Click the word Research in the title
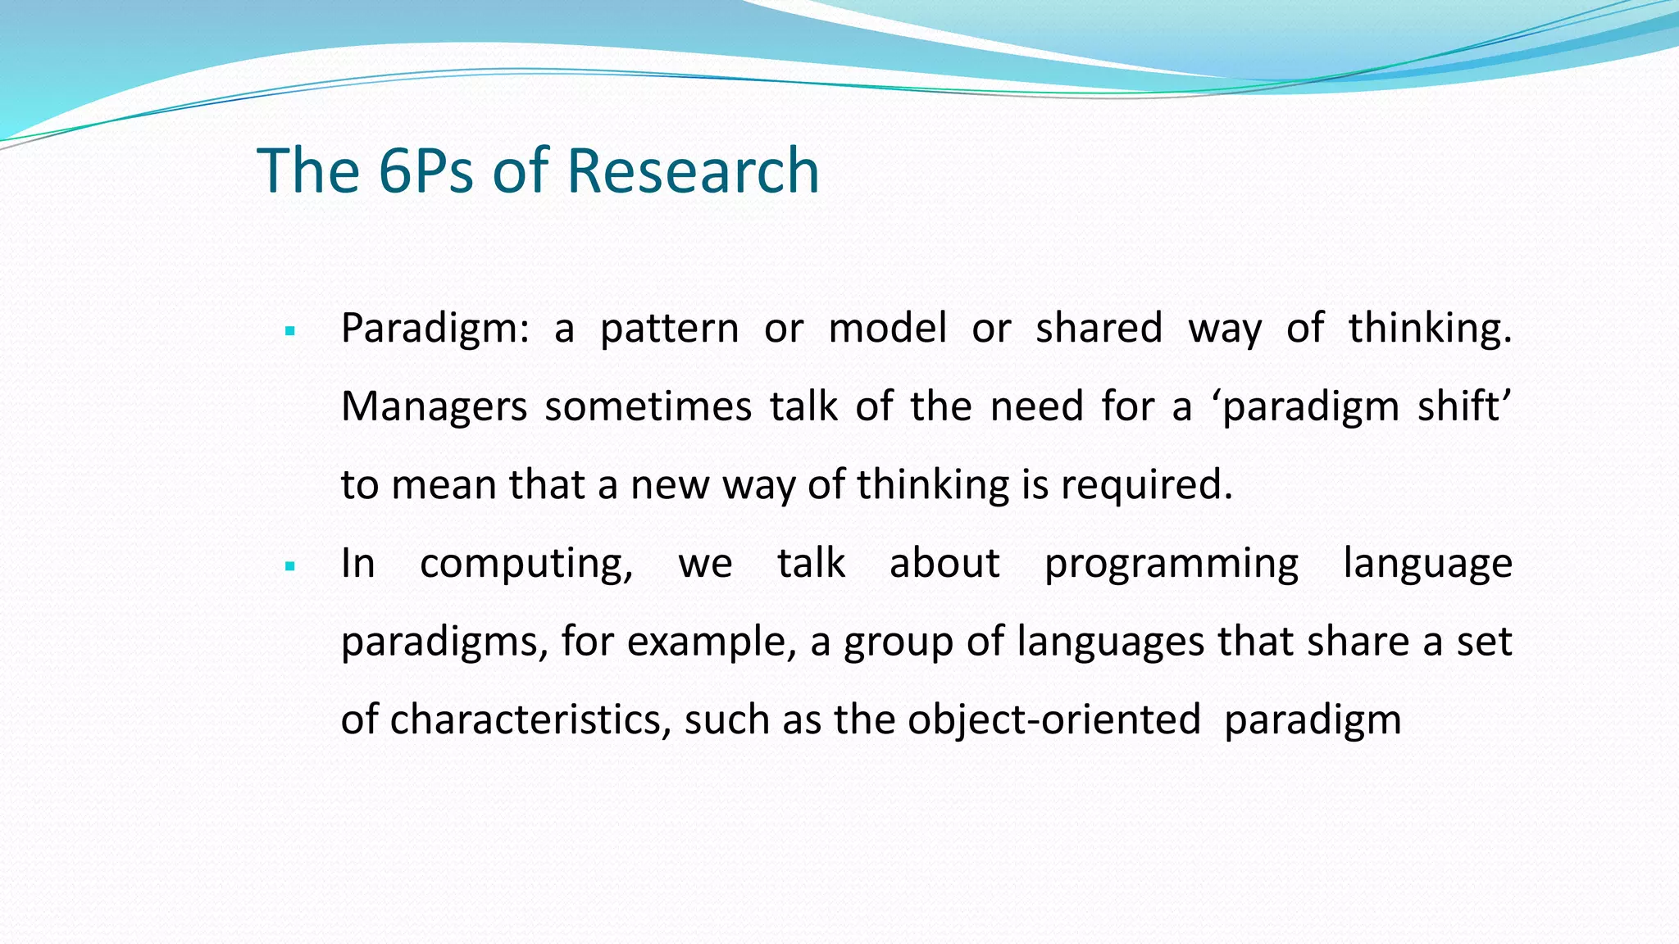693,170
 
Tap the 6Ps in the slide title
425,170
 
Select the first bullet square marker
289,332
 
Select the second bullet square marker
289,565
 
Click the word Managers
434,407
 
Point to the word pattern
669,329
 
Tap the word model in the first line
888,328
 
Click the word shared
1099,328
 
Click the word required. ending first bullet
1147,486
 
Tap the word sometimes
648,407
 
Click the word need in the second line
1037,407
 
